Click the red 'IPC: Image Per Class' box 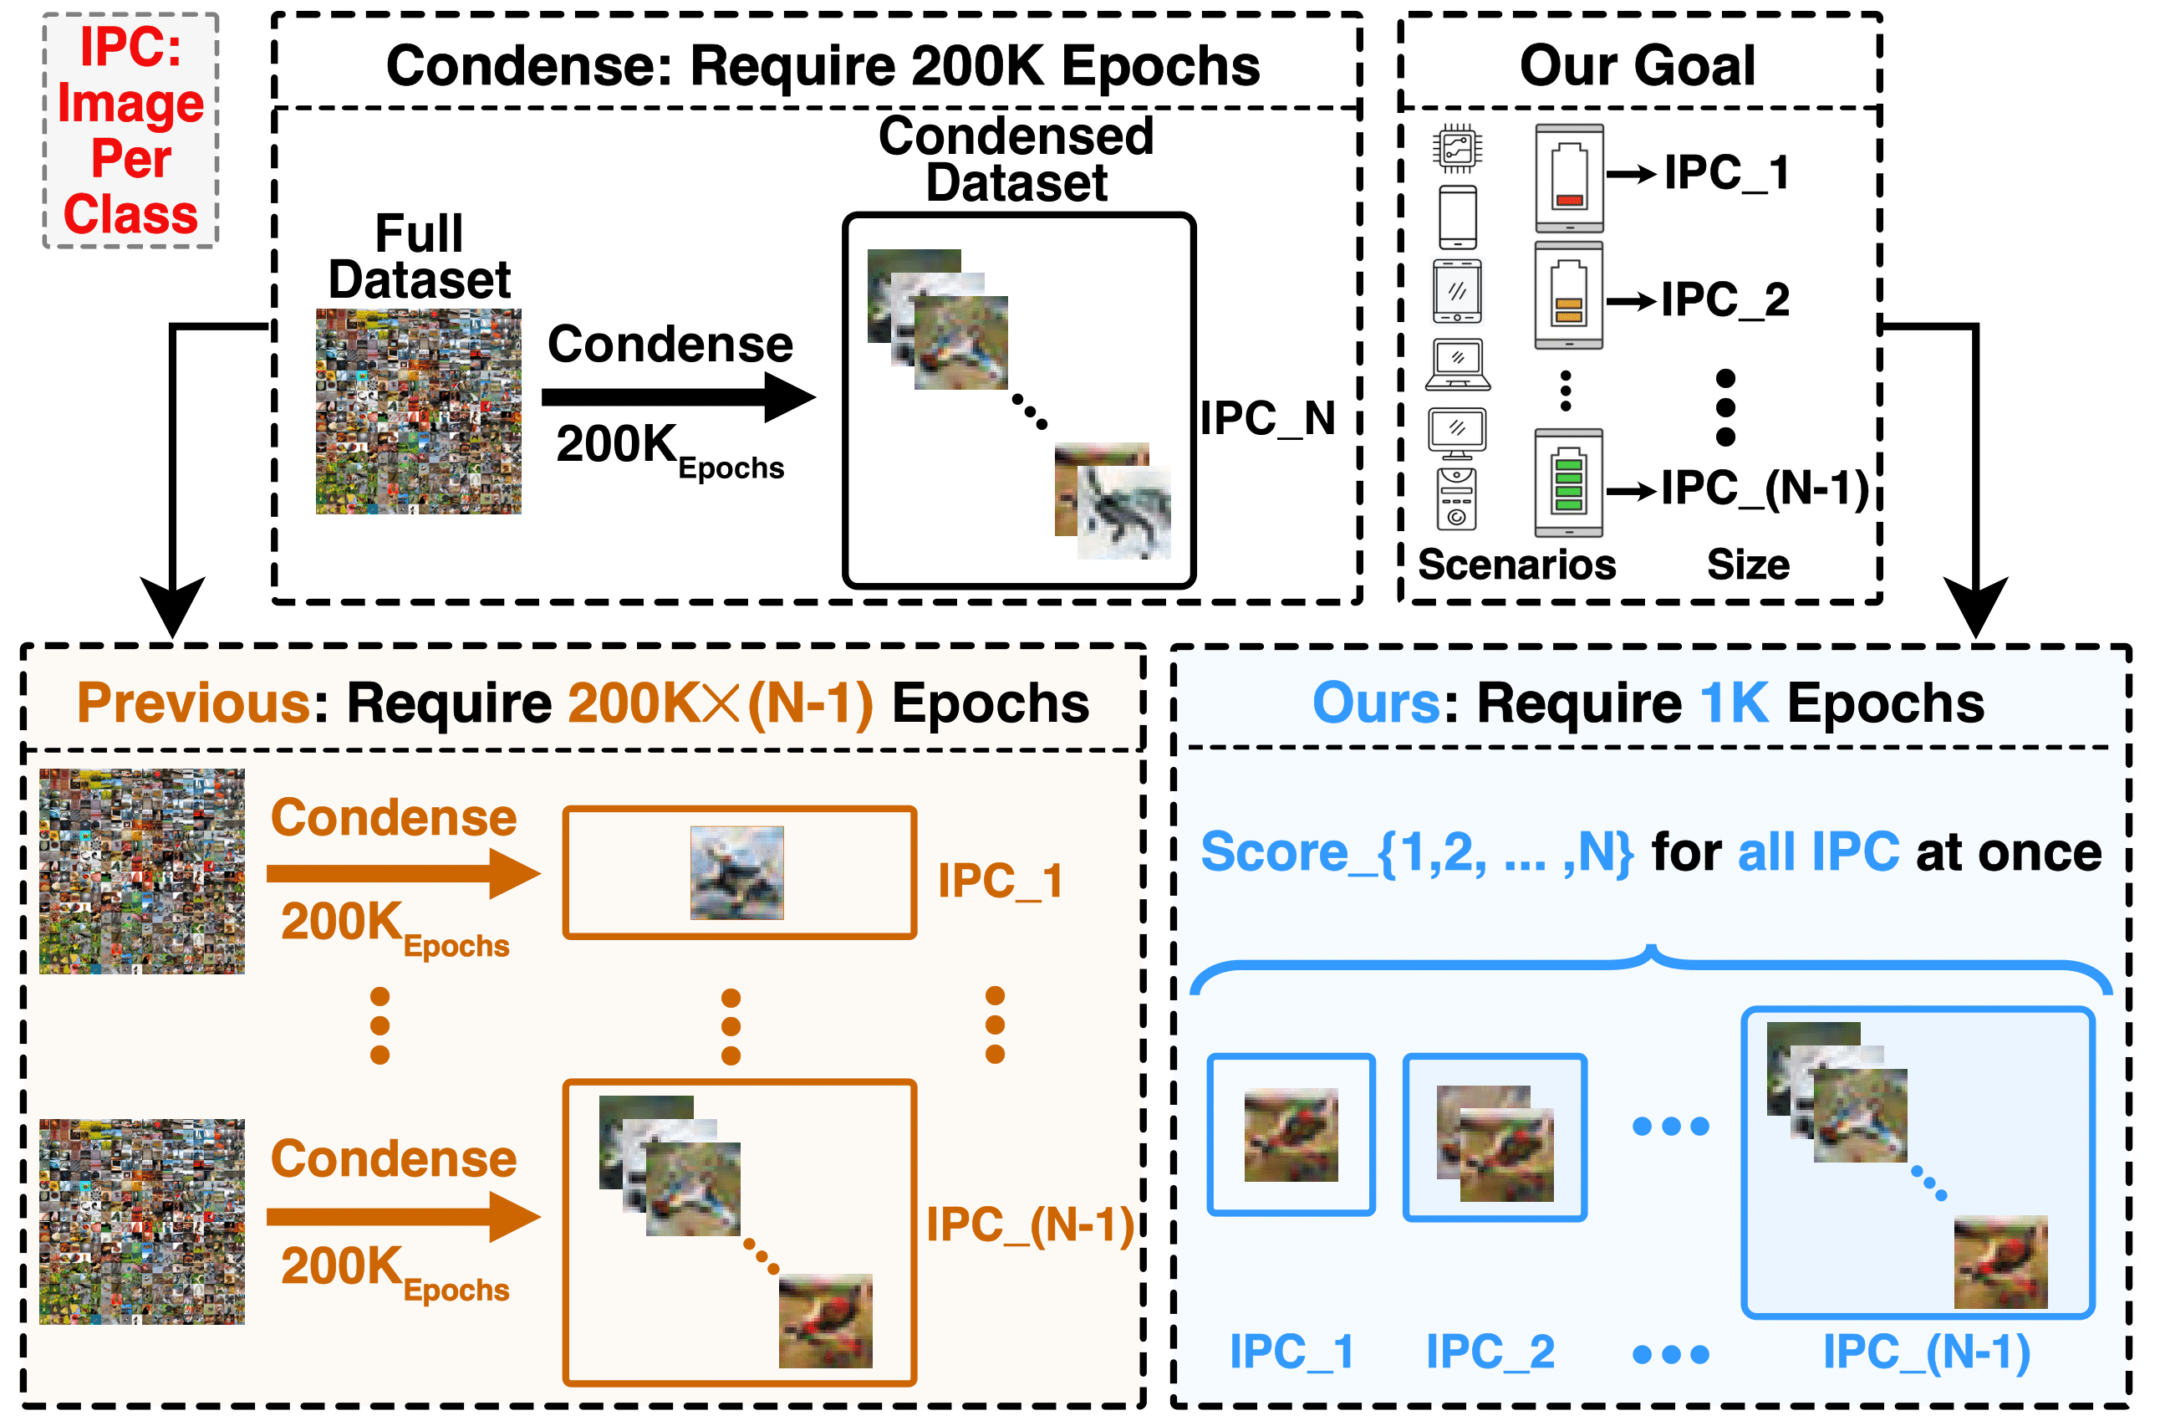pyautogui.click(x=130, y=130)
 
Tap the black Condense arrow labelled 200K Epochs pyautogui.click(x=678, y=396)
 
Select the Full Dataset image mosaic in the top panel pyautogui.click(x=419, y=411)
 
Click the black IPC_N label pyautogui.click(x=1268, y=418)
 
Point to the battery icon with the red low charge pyautogui.click(x=1569, y=178)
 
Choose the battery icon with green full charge pyautogui.click(x=1569, y=483)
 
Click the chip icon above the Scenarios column pyautogui.click(x=1459, y=148)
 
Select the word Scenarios pyautogui.click(x=1516, y=565)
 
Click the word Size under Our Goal pyautogui.click(x=1748, y=565)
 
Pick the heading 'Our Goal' pyautogui.click(x=1638, y=65)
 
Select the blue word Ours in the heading pyautogui.click(x=1377, y=703)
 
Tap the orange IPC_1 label pyautogui.click(x=1000, y=881)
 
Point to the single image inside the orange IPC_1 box pyautogui.click(x=737, y=872)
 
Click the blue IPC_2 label pyautogui.click(x=1490, y=1352)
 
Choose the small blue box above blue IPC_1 pyautogui.click(x=1291, y=1134)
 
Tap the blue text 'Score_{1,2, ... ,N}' pyautogui.click(x=1417, y=852)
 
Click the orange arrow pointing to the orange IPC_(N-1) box pyautogui.click(x=404, y=1217)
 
